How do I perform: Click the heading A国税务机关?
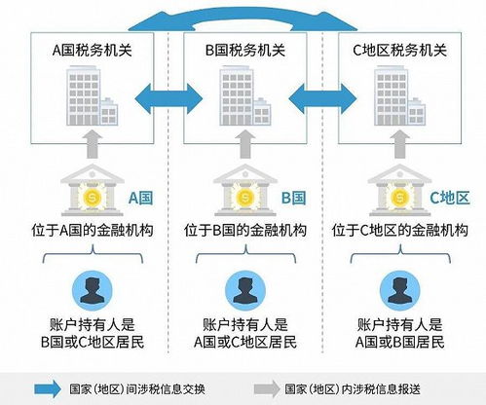[93, 51]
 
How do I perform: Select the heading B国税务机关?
[245, 51]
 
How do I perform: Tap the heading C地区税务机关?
[400, 51]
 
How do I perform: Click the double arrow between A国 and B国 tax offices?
[168, 98]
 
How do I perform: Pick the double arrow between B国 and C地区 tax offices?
[322, 98]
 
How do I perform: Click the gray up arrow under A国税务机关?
[93, 144]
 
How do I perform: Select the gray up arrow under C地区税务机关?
[399, 144]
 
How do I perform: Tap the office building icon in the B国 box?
[245, 96]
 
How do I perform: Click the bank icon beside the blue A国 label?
[93, 190]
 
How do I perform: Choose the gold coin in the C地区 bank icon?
[399, 197]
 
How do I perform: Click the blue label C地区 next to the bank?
[450, 198]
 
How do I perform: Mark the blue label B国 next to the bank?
[294, 198]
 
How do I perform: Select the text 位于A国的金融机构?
[93, 231]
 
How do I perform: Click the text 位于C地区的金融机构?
[400, 231]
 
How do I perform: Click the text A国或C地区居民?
[245, 343]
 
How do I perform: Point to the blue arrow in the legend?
[48, 388]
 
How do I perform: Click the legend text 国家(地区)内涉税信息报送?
[353, 389]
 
